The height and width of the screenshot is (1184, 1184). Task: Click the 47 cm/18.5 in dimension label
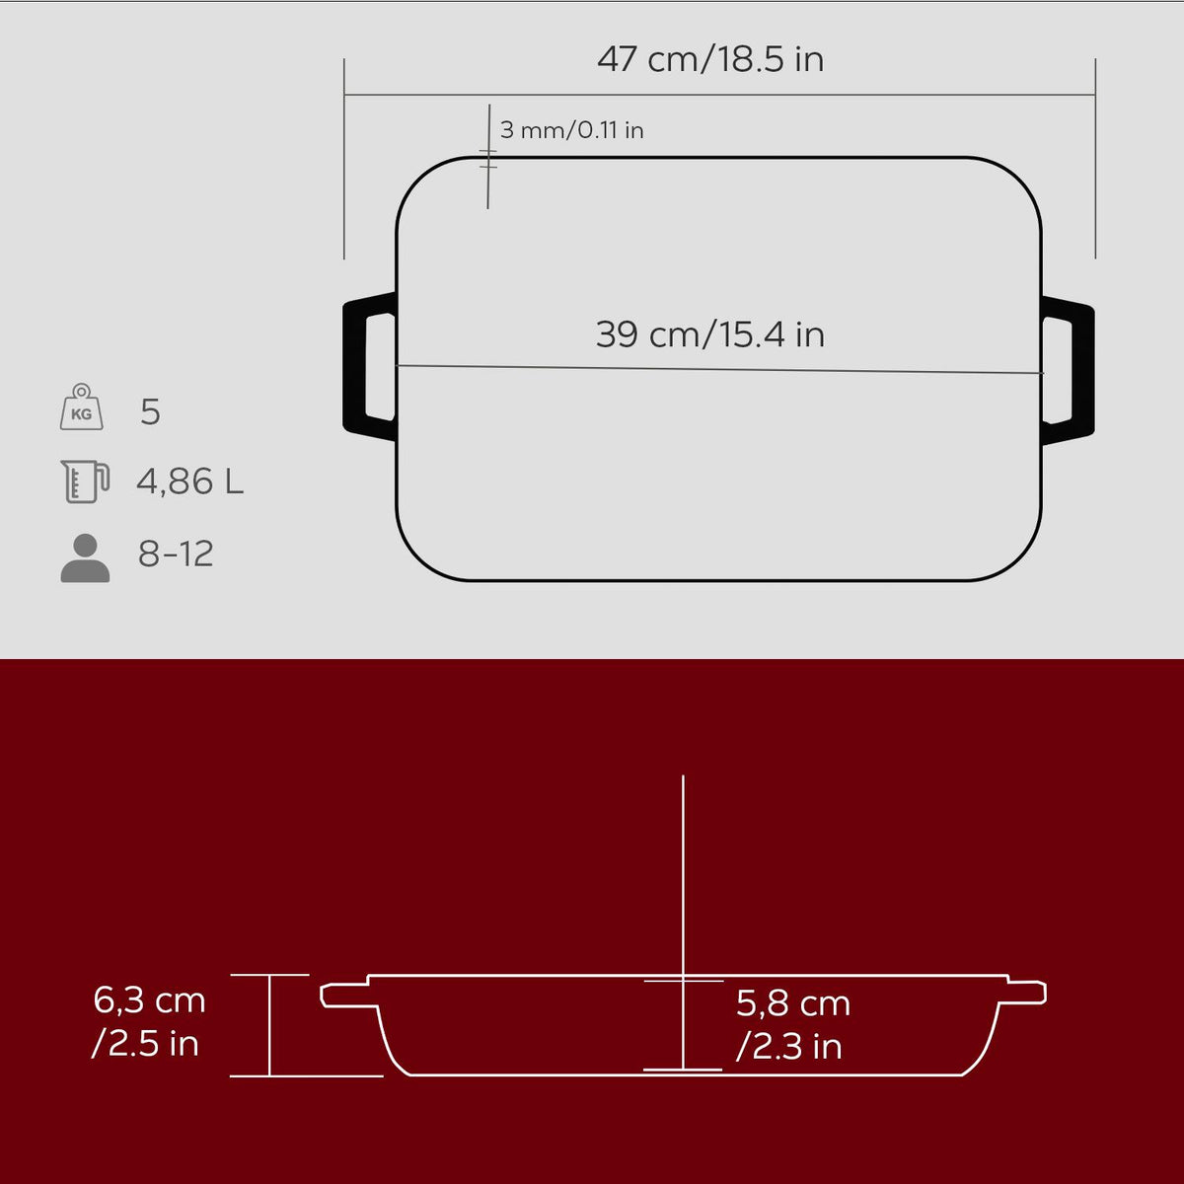pos(710,59)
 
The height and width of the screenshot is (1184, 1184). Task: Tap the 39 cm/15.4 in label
pos(710,334)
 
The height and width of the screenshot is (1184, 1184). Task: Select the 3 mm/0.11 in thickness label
pos(571,130)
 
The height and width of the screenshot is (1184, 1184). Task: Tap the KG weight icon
pos(82,407)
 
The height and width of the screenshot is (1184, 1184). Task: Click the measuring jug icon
pos(85,481)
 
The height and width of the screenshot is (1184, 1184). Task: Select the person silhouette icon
pos(85,557)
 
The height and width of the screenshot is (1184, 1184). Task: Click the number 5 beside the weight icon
pos(151,411)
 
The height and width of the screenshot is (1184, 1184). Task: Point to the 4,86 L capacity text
pos(189,481)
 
